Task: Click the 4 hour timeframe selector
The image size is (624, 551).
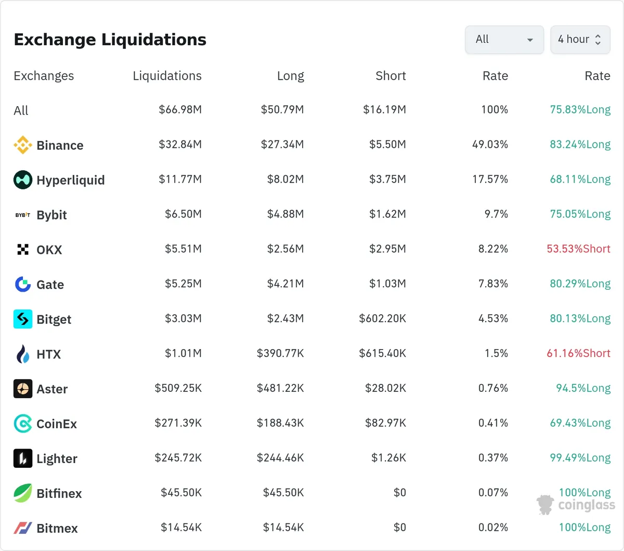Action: [580, 40]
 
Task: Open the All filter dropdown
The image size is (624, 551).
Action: [504, 40]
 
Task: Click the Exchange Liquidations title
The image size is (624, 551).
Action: [110, 40]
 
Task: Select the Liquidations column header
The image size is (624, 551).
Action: [167, 76]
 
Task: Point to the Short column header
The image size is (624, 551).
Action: [391, 76]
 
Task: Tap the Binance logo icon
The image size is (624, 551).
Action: [23, 145]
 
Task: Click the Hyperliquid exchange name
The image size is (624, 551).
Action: [71, 180]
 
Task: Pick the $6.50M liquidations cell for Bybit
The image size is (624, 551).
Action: [183, 214]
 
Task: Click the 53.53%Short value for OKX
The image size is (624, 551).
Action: [578, 249]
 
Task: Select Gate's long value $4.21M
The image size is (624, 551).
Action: [285, 284]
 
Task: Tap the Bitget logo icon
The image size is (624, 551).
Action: [23, 319]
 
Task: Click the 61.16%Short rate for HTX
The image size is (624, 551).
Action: [578, 353]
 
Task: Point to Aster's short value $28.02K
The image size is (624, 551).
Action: [385, 388]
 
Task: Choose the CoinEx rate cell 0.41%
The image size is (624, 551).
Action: [493, 423]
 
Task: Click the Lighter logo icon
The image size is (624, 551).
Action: [23, 458]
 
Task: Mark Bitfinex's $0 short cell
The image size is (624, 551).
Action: [399, 492]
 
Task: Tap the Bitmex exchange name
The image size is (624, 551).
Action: [57, 528]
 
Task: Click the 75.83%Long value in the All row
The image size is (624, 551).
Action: [580, 109]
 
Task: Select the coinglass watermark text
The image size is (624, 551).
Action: [587, 505]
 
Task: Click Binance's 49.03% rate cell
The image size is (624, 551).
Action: [490, 144]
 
